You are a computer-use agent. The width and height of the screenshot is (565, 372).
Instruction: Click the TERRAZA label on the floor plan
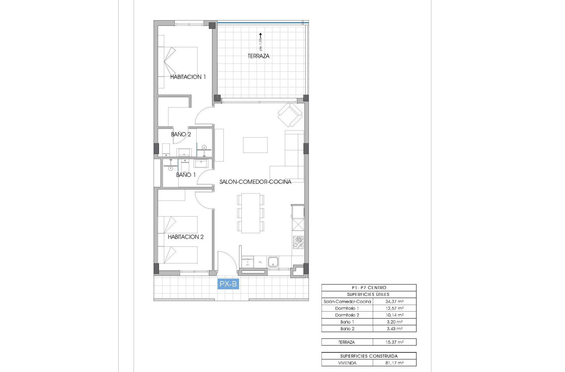258,56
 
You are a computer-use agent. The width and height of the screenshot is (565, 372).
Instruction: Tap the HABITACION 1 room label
188,77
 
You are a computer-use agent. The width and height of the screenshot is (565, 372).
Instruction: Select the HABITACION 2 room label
186,237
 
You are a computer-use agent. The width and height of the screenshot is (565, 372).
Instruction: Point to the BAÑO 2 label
181,134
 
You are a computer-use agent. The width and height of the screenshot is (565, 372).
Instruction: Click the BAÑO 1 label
186,175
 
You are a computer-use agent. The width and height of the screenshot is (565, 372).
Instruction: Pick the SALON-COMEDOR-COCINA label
255,181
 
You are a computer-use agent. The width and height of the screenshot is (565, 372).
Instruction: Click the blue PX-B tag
228,284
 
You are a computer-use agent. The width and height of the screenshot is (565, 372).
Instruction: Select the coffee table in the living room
255,145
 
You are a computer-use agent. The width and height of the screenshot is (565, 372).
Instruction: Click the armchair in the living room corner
290,114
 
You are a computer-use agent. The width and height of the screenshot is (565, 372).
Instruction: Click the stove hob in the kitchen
298,242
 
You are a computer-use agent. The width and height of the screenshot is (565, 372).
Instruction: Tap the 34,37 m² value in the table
394,302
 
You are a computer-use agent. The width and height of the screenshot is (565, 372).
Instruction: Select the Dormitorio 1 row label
347,308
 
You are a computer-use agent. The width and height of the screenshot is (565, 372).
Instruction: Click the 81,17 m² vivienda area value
394,363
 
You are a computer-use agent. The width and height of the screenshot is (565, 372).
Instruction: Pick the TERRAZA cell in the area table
347,342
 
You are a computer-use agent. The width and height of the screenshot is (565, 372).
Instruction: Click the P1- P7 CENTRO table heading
368,288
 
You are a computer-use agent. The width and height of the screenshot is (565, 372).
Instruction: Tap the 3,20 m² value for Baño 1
394,322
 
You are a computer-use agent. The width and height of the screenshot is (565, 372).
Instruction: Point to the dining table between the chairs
251,213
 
